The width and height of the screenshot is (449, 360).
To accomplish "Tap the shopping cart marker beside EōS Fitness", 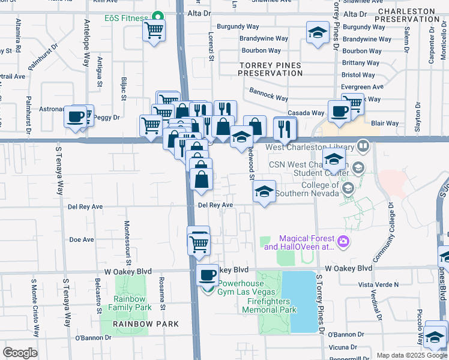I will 154,29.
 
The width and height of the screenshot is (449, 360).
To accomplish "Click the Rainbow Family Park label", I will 130,303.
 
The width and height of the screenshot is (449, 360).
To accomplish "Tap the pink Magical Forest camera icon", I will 343,242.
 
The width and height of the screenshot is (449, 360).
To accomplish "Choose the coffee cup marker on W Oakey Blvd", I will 208,275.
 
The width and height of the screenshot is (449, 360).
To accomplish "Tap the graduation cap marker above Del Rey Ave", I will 264,191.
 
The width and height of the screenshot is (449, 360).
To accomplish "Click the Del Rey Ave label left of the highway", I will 85,206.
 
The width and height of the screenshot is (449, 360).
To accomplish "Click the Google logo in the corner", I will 20,352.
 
